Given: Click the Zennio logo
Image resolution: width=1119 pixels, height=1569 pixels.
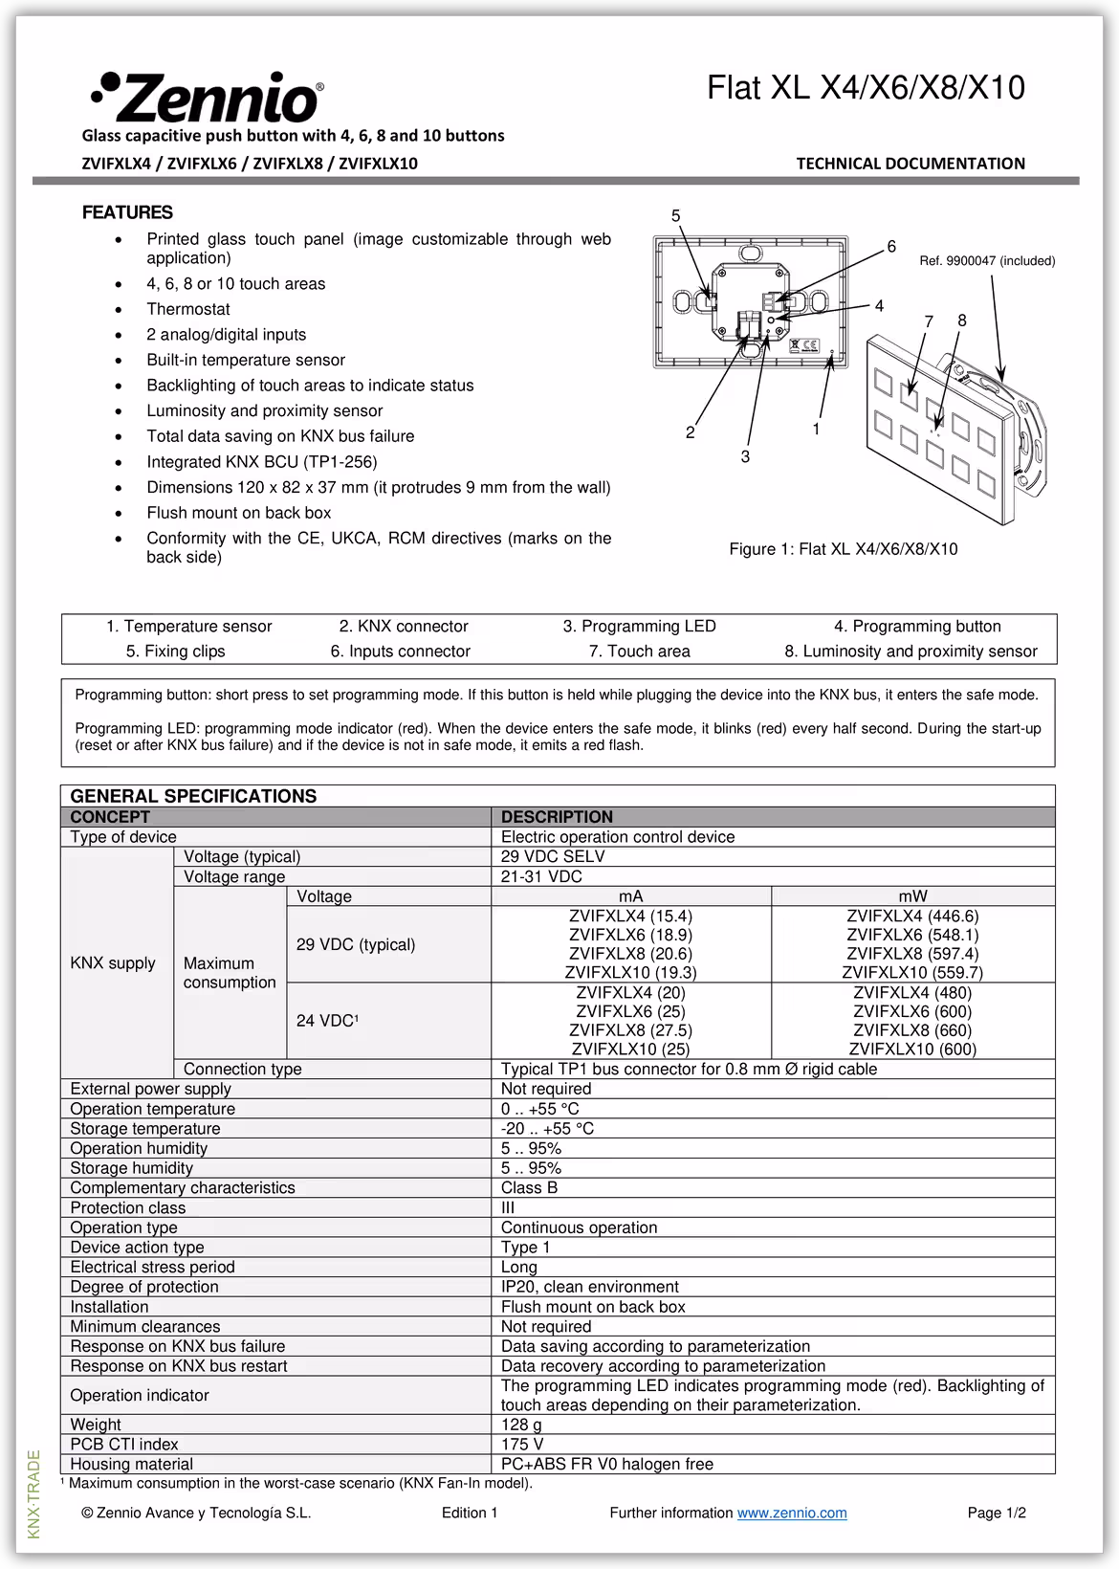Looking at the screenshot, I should pyautogui.click(x=207, y=96).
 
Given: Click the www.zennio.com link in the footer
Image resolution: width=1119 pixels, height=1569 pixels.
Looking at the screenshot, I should pyautogui.click(x=792, y=1513).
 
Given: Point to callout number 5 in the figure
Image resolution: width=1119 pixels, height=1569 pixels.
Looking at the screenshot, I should pyautogui.click(x=675, y=216).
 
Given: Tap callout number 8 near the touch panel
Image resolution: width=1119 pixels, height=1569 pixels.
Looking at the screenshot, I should pyautogui.click(x=962, y=320).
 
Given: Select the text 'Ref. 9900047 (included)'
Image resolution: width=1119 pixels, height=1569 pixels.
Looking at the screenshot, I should pyautogui.click(x=987, y=260).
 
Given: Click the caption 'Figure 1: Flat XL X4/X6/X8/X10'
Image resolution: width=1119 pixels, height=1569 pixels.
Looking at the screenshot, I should pyautogui.click(x=843, y=549).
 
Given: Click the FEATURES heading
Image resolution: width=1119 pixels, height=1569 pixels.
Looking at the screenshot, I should pyautogui.click(x=127, y=212).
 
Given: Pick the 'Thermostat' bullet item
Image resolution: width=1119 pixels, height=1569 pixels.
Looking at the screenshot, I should pyautogui.click(x=187, y=309).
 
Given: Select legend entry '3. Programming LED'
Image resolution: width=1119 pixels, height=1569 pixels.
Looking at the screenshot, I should pyautogui.click(x=639, y=627).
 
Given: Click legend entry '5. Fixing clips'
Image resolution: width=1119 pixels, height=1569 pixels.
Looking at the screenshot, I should pyautogui.click(x=175, y=652).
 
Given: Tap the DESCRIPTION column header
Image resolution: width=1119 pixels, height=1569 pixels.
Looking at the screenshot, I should pyautogui.click(x=557, y=817).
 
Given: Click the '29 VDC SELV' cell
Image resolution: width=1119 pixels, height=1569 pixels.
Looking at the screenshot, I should pyautogui.click(x=553, y=856).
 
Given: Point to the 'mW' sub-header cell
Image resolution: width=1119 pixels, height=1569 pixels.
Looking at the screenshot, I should pyautogui.click(x=912, y=896).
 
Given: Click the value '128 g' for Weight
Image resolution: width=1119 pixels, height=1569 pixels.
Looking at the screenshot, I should pyautogui.click(x=521, y=1425).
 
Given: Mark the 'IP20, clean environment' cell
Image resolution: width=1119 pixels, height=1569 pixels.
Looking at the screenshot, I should pyautogui.click(x=589, y=1287).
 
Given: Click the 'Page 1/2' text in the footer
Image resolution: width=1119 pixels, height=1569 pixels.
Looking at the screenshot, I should pyautogui.click(x=997, y=1513).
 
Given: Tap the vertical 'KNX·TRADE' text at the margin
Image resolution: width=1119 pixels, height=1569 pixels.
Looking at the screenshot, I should pyautogui.click(x=34, y=1493).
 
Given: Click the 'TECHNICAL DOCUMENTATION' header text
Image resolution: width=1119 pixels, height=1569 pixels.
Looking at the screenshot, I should pyautogui.click(x=910, y=164).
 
